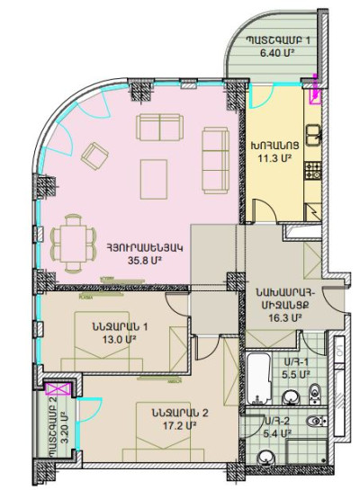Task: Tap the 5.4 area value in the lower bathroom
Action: pyautogui.click(x=280, y=433)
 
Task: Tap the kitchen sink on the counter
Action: pyautogui.click(x=313, y=135)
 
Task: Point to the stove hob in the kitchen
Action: pyautogui.click(x=313, y=167)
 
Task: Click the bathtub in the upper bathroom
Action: pyautogui.click(x=257, y=370)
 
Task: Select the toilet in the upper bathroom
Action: pyautogui.click(x=316, y=390)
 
